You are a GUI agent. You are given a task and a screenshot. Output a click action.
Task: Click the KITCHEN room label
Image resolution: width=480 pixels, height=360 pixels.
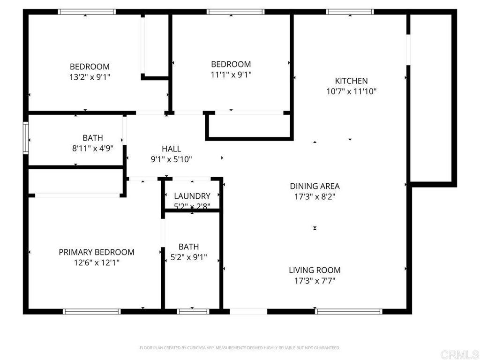point(351,81)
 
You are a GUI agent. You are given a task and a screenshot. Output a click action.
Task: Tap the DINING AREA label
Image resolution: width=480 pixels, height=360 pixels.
point(315,186)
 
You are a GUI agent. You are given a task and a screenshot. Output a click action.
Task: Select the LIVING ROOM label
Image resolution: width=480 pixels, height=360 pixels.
point(315,270)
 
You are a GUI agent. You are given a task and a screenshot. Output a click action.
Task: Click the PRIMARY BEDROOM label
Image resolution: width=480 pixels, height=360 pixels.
point(96,252)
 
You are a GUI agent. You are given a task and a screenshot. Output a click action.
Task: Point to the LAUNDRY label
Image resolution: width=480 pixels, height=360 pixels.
point(192,196)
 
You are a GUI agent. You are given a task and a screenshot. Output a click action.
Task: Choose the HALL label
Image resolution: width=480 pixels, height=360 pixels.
point(171,149)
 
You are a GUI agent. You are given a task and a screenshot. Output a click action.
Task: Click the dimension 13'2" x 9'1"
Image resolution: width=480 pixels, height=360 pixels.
point(90,76)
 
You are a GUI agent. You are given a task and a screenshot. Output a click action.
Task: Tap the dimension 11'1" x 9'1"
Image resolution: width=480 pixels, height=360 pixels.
point(231,74)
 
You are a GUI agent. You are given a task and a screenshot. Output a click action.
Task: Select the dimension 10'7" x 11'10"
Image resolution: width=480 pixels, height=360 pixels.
point(351,91)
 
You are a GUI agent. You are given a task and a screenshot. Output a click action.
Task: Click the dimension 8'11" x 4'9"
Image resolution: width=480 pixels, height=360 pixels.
point(93,149)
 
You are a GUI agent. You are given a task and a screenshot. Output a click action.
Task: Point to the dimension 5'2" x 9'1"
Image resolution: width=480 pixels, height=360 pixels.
point(188,257)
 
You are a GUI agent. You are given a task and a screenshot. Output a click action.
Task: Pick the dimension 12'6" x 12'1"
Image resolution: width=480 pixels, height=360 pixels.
point(96,263)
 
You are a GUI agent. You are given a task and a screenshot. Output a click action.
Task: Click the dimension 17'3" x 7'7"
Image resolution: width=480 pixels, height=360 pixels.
point(315,281)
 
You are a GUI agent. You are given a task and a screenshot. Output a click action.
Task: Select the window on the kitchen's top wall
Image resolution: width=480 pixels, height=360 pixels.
point(350,12)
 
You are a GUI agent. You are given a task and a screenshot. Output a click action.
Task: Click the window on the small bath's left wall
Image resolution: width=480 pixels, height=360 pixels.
point(26,138)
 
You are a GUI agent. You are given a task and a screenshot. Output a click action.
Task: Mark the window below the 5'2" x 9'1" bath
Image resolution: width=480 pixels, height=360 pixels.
point(193,311)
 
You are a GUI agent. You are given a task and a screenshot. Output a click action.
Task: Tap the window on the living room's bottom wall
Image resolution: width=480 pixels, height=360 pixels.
point(349,311)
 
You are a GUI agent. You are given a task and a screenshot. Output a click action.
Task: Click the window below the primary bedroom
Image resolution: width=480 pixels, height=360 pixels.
point(92,311)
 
